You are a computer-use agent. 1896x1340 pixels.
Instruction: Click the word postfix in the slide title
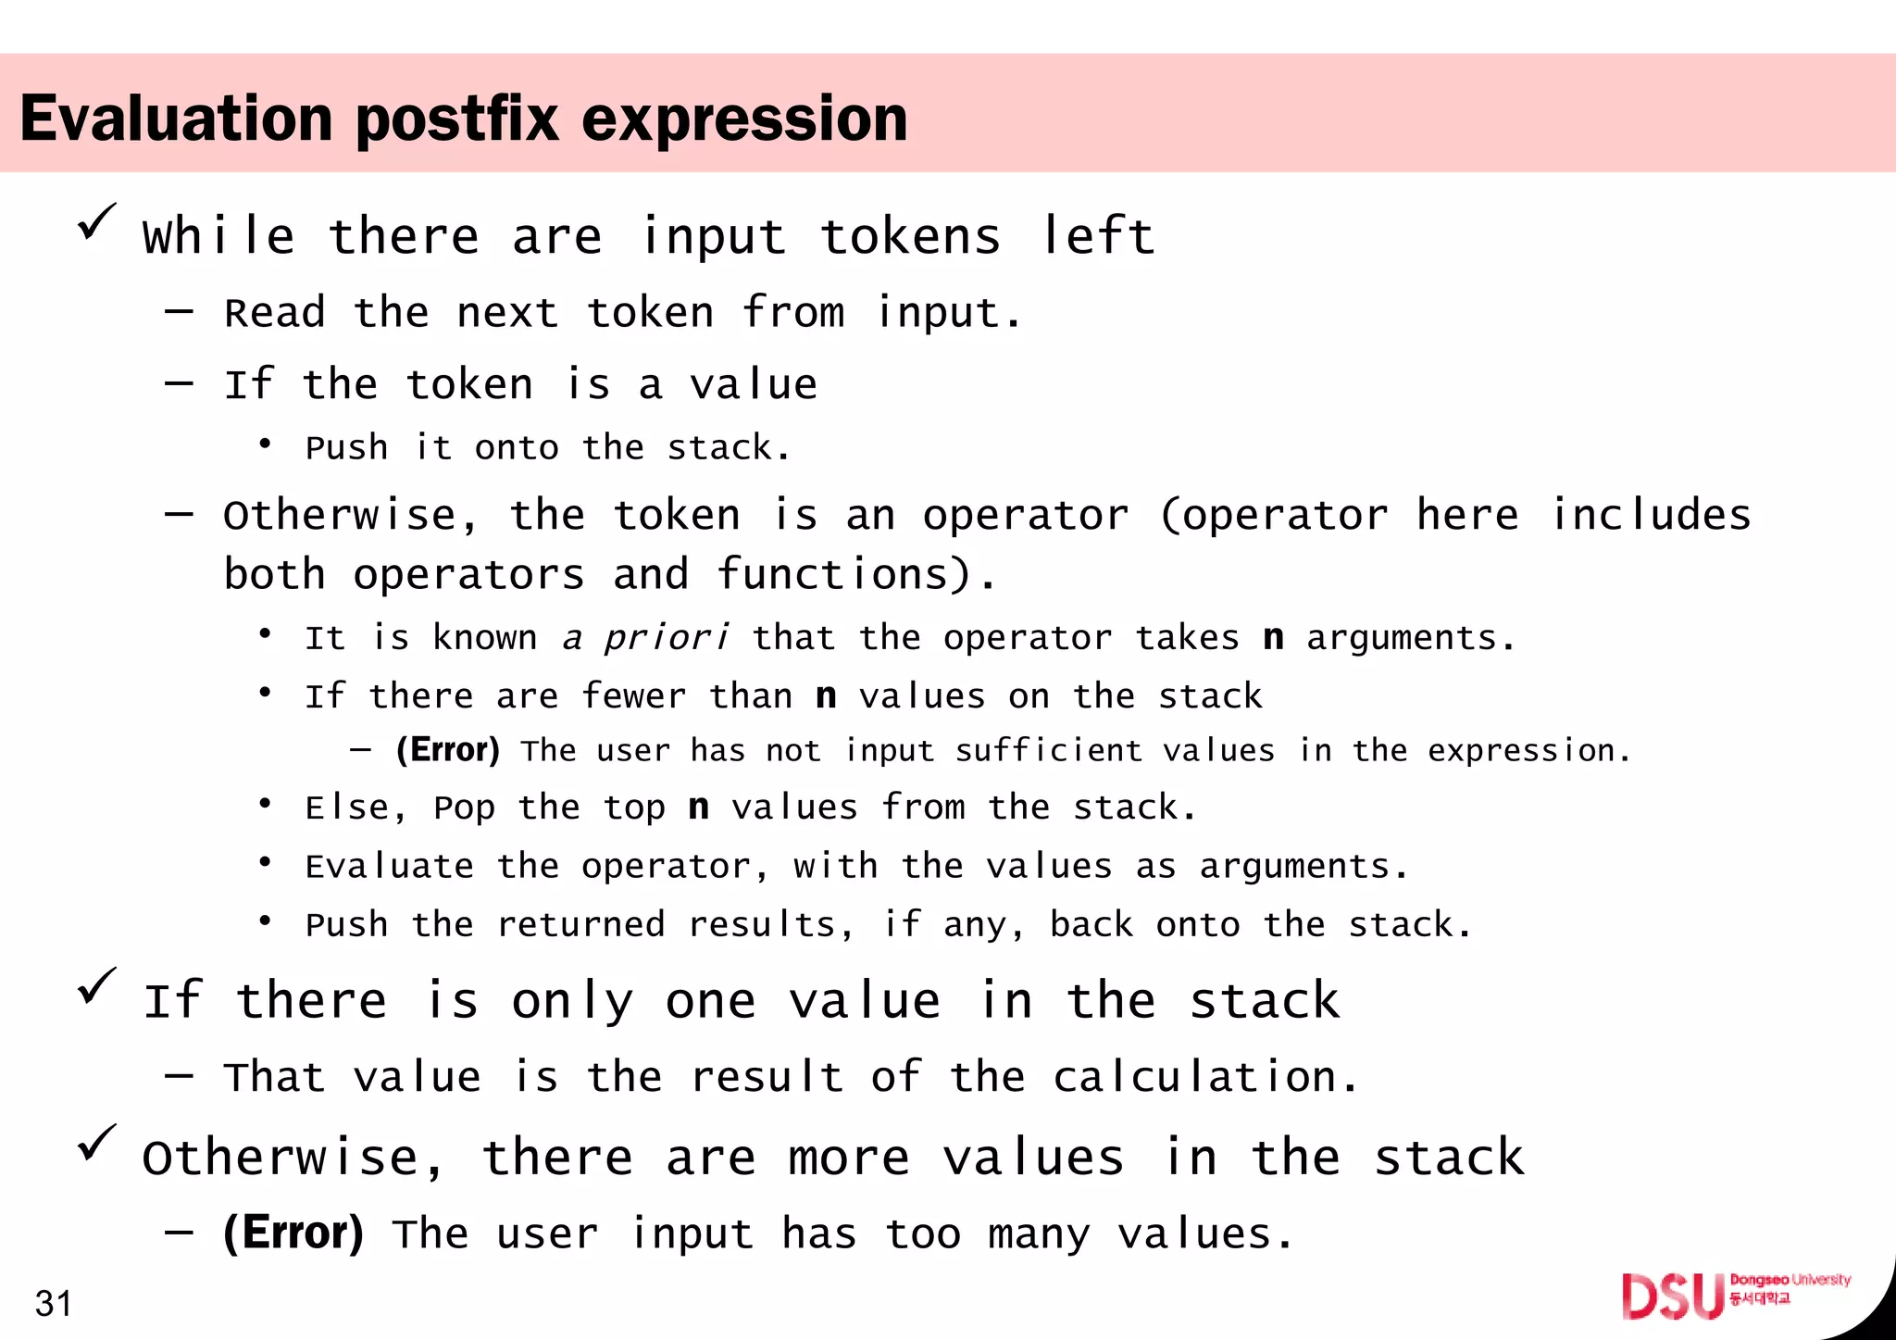[x=457, y=119]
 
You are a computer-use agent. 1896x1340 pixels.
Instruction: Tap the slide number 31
[x=53, y=1303]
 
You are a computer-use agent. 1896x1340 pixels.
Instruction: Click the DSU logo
[x=1673, y=1296]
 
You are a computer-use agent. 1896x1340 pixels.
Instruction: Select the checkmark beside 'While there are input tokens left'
[x=96, y=222]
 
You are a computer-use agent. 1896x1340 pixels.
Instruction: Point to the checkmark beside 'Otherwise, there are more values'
[x=96, y=1143]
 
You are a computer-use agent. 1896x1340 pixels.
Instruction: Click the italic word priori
[x=666, y=638]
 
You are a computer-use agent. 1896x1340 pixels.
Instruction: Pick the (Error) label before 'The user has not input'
[x=448, y=749]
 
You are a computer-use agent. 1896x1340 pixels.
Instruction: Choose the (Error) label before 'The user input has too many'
[x=293, y=1233]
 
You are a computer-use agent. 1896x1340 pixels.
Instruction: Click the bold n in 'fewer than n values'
[x=826, y=695]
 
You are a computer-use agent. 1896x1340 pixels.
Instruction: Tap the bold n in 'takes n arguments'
[x=1273, y=638]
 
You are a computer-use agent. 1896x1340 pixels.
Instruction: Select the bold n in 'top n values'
[x=698, y=807]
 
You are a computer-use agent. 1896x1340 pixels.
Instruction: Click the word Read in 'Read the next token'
[x=275, y=313]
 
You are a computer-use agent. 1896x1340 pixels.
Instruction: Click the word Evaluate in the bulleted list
[x=389, y=866]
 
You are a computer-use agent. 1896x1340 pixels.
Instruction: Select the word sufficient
[x=1049, y=750]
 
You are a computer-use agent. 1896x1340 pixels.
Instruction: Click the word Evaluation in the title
[x=176, y=119]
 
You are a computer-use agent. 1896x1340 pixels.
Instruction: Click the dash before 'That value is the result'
[x=179, y=1076]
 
